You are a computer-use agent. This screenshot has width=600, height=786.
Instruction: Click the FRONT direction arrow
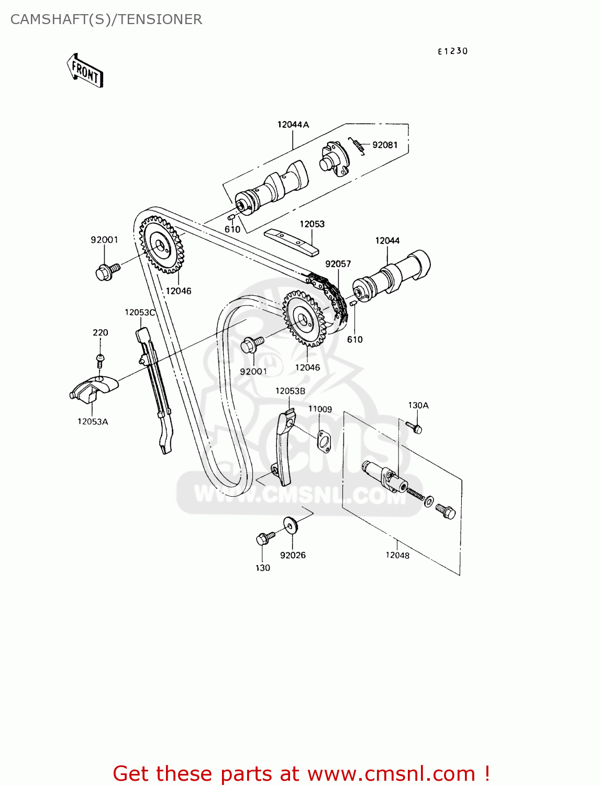pos(85,70)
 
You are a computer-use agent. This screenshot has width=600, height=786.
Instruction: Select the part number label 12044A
pos(293,125)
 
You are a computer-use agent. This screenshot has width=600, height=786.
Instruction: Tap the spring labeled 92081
pos(358,145)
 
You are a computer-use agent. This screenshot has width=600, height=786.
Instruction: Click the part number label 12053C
pos(140,312)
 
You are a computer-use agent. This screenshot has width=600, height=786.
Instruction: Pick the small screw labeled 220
pos(101,358)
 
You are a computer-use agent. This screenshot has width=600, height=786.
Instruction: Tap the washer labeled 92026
pos(290,524)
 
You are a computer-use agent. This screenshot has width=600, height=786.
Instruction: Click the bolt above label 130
pos(264,538)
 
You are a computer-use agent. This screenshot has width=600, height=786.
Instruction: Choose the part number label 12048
pos(397,555)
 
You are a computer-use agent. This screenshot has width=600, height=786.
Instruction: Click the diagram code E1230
pos(453,51)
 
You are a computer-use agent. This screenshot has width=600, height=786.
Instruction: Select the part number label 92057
pos(338,264)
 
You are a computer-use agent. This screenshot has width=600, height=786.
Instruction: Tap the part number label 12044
pos(387,241)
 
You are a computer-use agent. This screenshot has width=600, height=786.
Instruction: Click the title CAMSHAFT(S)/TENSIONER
pos(106,19)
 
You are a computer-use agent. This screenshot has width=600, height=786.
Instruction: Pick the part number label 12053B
pos(290,391)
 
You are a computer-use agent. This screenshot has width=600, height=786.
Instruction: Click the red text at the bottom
pos(301,773)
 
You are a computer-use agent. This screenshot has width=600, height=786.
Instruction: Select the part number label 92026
pos(293,555)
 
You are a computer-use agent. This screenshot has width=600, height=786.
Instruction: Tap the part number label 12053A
pos(93,421)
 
